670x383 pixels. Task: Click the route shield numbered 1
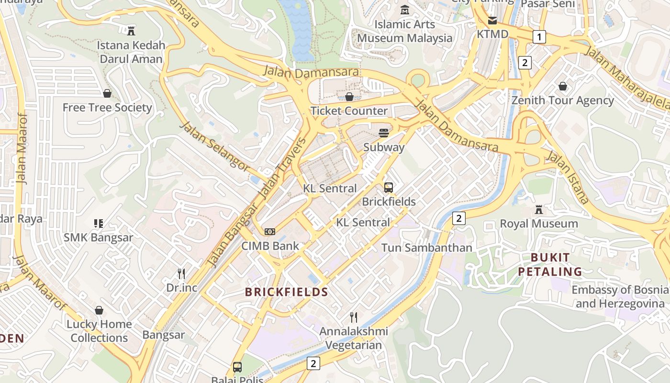tap(540, 37)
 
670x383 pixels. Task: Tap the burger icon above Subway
tap(383, 133)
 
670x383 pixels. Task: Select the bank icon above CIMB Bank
tap(270, 232)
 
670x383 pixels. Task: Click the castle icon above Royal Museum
tap(539, 210)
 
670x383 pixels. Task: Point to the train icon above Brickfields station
tap(389, 188)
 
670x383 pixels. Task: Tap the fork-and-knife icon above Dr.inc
tap(181, 274)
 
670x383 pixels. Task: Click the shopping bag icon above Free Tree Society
tap(107, 93)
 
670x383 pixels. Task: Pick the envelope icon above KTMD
tap(492, 21)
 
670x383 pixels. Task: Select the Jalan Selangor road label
tap(215, 146)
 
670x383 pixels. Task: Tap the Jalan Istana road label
tap(567, 177)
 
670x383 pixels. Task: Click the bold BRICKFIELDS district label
tap(286, 292)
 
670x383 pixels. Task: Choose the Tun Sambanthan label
tap(426, 248)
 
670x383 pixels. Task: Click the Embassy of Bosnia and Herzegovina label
tap(620, 297)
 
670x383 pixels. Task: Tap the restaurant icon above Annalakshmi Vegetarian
tap(354, 317)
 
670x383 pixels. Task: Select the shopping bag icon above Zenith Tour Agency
tap(563, 86)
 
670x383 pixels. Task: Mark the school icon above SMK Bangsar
tap(99, 223)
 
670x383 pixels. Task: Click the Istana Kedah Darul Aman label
tap(131, 52)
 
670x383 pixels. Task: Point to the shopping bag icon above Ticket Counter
tap(349, 97)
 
